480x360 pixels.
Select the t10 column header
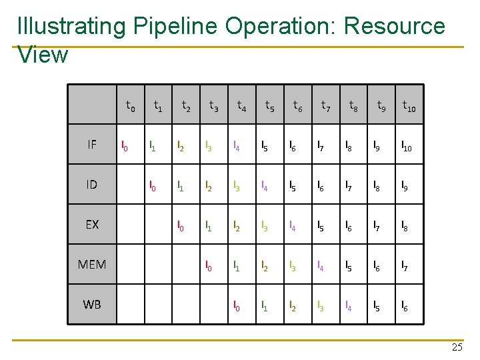409,105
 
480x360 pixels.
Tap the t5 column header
270,105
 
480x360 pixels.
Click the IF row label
92,144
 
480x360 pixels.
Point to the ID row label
92,184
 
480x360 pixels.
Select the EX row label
92,224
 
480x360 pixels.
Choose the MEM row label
92,264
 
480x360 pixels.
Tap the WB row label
92,304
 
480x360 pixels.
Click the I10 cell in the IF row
407,145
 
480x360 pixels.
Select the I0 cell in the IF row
123,145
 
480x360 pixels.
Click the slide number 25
457,347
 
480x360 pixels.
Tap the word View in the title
43,55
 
